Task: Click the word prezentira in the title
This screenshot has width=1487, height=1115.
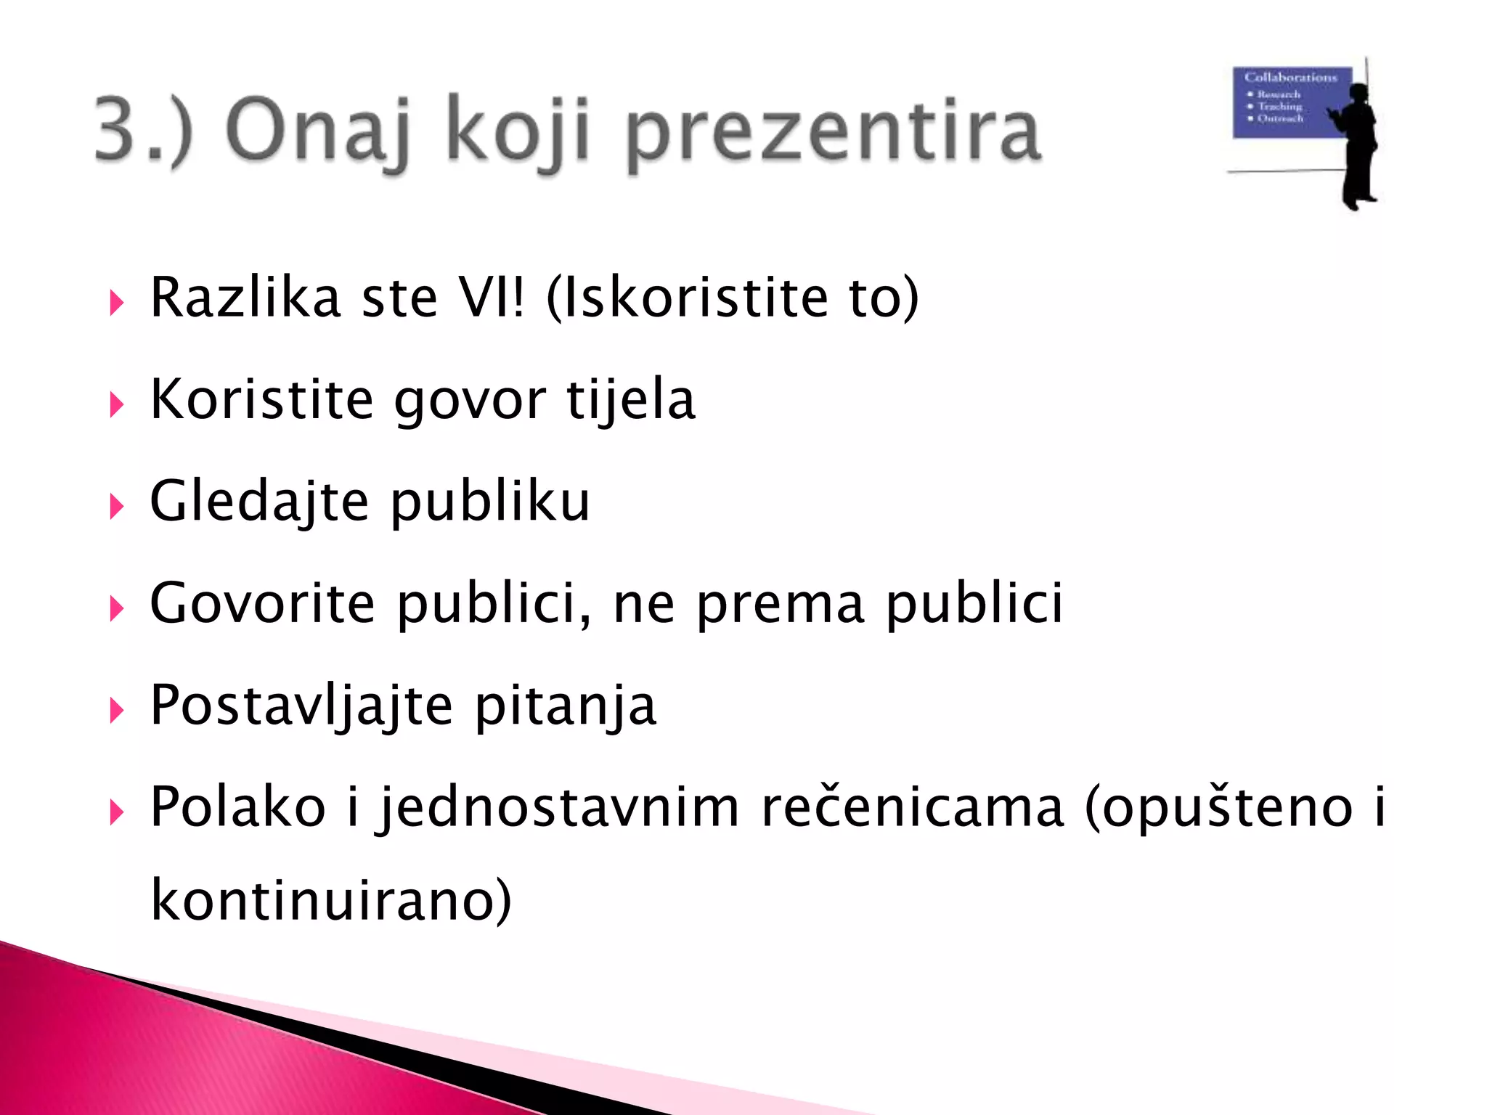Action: [x=834, y=132]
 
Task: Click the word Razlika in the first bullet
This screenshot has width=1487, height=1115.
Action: [x=245, y=298]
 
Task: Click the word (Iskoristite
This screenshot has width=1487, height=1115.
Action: [x=687, y=298]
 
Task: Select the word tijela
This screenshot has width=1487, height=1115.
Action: [x=631, y=401]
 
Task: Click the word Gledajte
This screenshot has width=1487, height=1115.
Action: [x=260, y=502]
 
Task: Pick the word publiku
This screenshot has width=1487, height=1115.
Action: [x=490, y=502]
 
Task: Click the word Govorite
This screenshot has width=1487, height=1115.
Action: [x=263, y=604]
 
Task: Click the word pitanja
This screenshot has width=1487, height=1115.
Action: [x=566, y=706]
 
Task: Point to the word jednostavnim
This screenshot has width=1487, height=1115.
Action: [x=558, y=807]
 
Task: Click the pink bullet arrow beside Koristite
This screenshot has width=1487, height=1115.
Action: [x=116, y=404]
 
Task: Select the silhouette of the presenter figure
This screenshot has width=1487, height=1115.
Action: [x=1356, y=145]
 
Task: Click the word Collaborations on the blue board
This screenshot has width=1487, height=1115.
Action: [x=1290, y=77]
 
